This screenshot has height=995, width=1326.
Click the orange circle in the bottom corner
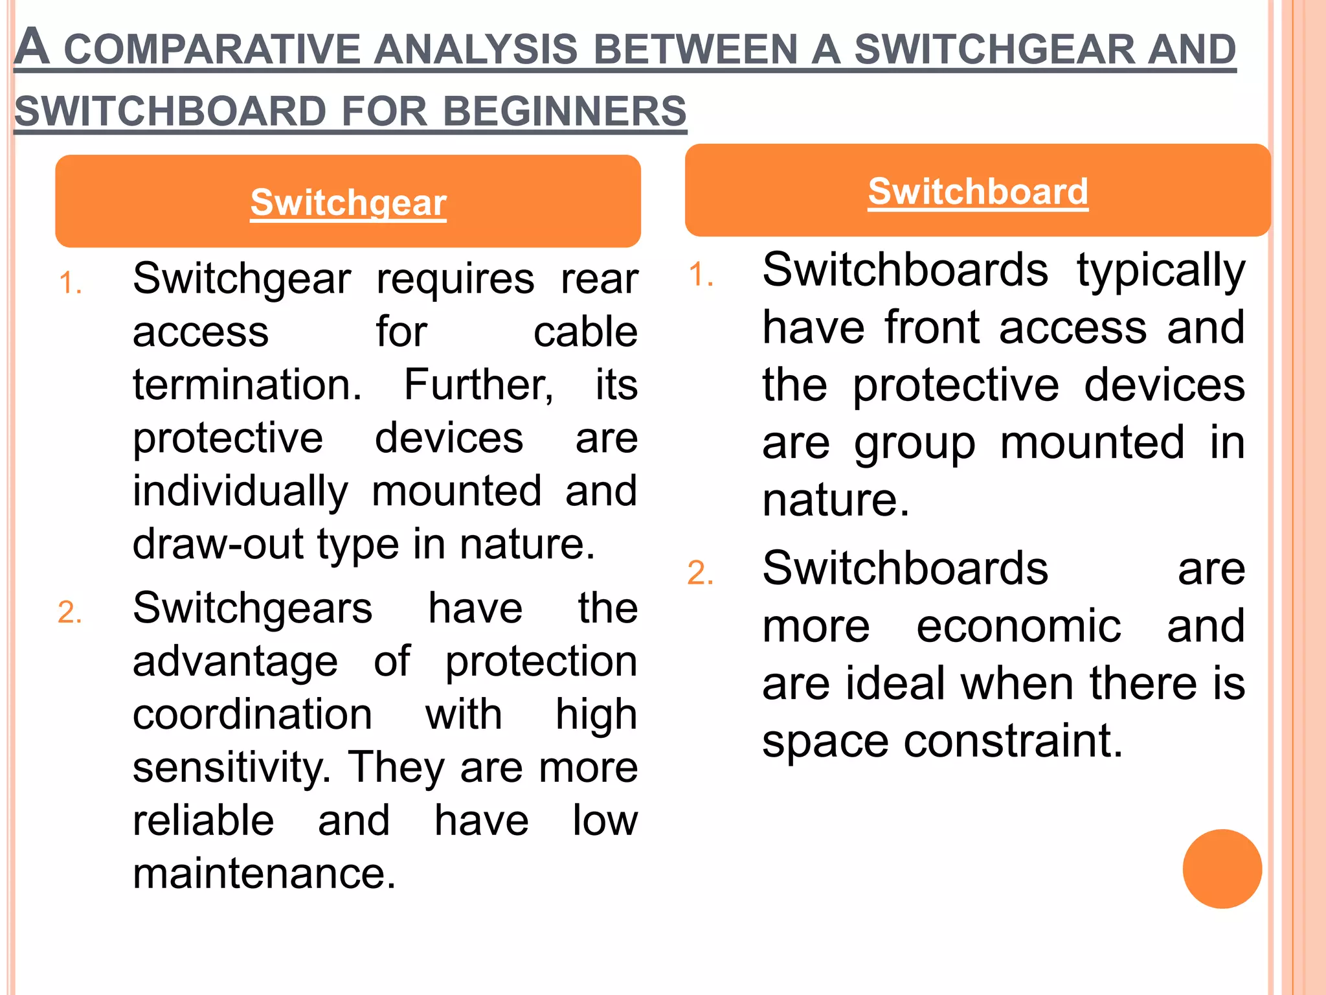1222,869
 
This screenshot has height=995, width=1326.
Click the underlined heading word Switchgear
348,203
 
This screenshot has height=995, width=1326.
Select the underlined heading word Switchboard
978,192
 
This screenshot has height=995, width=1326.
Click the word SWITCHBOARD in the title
170,111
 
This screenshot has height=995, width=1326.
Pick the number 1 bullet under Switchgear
70,284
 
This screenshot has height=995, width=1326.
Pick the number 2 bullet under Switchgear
70,613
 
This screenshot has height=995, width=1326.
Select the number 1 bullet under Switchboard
701,275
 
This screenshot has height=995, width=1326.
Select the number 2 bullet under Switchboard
701,574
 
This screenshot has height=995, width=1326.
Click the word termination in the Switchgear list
247,385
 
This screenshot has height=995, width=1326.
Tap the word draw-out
218,544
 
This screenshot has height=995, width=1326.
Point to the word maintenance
264,874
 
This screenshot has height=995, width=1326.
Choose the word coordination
253,715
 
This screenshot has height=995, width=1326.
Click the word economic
1018,626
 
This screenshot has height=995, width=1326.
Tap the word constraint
1013,741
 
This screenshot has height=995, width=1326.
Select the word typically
1161,271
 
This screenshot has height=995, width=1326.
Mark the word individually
240,491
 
